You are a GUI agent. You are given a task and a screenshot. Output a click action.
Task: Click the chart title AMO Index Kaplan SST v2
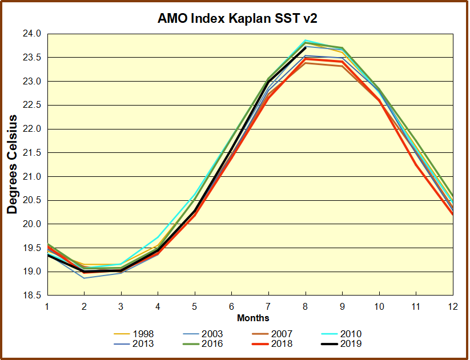(237, 18)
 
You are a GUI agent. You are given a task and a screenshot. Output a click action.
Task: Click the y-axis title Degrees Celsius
(12, 164)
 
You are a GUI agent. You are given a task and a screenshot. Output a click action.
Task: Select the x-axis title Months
(253, 318)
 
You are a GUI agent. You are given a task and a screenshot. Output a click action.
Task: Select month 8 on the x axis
(306, 306)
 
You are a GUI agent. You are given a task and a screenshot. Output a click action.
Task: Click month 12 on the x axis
(452, 306)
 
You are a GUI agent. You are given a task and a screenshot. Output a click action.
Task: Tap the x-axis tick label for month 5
(195, 306)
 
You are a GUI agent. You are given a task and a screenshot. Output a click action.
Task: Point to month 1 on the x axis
(47, 306)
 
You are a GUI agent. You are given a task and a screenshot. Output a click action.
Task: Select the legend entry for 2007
(280, 334)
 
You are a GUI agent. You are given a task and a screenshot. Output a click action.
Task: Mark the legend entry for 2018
(280, 343)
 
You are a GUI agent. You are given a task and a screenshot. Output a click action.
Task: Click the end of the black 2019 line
(306, 47)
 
